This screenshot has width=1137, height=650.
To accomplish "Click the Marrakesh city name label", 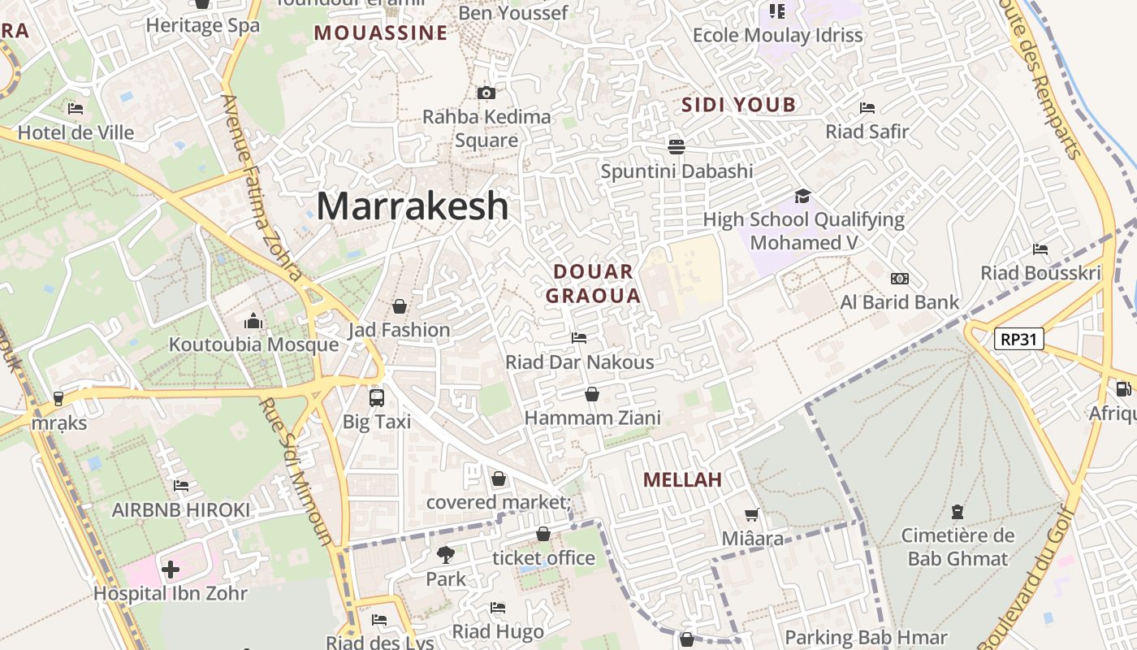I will pyautogui.click(x=413, y=206).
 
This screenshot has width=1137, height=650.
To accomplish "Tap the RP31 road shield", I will pyautogui.click(x=1019, y=339).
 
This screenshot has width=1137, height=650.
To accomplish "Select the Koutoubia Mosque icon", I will pyautogui.click(x=253, y=322).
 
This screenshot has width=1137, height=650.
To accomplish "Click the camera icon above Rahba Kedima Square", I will pyautogui.click(x=486, y=93).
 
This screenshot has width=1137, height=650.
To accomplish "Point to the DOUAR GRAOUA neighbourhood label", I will pyautogui.click(x=593, y=284).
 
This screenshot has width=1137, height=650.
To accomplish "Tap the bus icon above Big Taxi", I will pyautogui.click(x=377, y=397).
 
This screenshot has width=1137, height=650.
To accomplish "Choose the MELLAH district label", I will pyautogui.click(x=682, y=479).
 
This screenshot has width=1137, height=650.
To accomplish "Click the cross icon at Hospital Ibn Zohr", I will pyautogui.click(x=171, y=570).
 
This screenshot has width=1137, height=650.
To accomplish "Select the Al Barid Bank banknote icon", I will pyautogui.click(x=899, y=279).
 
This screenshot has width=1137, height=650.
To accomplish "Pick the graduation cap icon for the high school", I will pyautogui.click(x=802, y=196).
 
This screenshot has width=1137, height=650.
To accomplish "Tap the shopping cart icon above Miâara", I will pyautogui.click(x=752, y=514).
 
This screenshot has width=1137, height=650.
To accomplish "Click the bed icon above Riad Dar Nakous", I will pyautogui.click(x=579, y=337).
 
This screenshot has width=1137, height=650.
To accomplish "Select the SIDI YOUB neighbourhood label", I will pyautogui.click(x=738, y=105).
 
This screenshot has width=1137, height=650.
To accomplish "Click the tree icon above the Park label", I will pyautogui.click(x=445, y=555).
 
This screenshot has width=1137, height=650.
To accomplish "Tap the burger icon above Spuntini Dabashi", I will pyautogui.click(x=677, y=147).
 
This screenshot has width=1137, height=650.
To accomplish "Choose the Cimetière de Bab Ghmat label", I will pyautogui.click(x=958, y=547).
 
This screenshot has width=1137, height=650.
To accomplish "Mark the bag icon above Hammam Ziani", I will pyautogui.click(x=592, y=394).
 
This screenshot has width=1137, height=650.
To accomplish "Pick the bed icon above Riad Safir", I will pyautogui.click(x=867, y=108).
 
